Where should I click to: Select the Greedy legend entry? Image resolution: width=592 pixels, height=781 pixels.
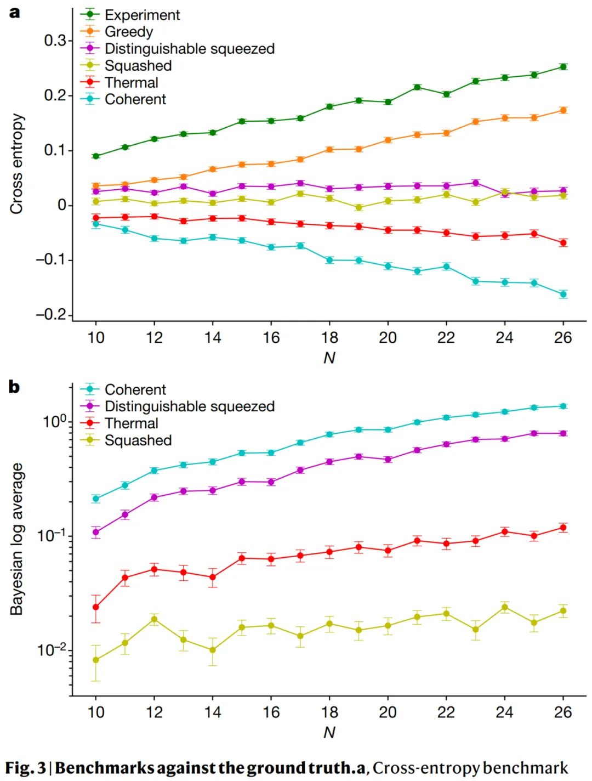click(128, 32)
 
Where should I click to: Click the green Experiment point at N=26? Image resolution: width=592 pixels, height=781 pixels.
click(563, 67)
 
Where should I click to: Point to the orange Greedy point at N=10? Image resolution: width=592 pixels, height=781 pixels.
click(96, 186)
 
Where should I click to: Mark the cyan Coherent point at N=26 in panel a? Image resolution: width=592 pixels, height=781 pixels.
click(563, 295)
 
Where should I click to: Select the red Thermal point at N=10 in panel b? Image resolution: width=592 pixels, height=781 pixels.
click(96, 607)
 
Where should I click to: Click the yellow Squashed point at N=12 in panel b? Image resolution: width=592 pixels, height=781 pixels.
click(154, 619)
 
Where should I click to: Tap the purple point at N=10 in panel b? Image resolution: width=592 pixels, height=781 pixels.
click(96, 532)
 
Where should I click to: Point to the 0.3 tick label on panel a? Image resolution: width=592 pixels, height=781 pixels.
click(55, 41)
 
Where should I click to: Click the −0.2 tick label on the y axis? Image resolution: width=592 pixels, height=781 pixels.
click(51, 314)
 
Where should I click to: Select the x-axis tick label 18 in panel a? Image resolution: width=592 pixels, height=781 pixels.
click(329, 337)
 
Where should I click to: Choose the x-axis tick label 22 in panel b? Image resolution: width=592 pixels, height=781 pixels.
click(446, 712)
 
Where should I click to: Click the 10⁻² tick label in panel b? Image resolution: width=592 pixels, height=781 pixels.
click(51, 650)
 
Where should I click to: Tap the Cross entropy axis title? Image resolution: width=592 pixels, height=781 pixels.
click(17, 164)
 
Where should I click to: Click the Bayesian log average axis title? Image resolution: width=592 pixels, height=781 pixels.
click(17, 539)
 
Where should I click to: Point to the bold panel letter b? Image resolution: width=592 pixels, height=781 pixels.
click(14, 387)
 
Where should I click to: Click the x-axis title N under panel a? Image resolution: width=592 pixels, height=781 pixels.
click(329, 358)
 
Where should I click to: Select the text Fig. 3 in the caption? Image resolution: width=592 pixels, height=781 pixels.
click(25, 768)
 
